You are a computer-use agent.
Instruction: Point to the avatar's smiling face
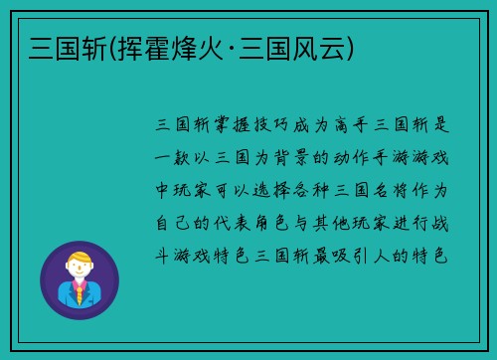click(x=80, y=270)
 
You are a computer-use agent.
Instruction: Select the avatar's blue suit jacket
click(x=66, y=295)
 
